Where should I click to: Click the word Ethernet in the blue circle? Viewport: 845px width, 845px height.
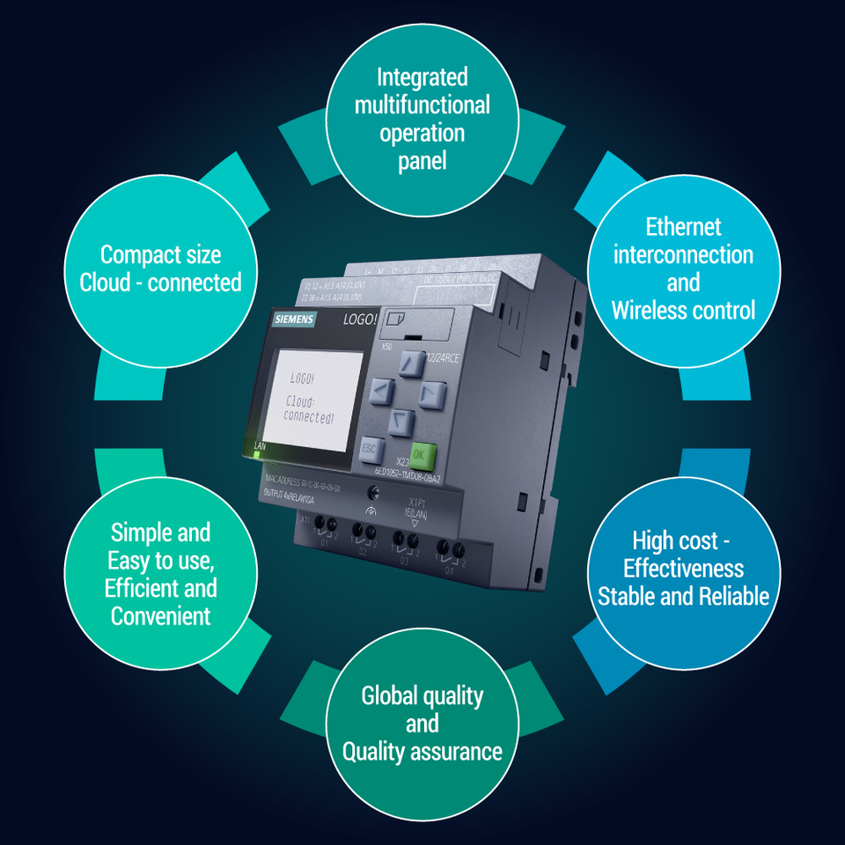point(683,227)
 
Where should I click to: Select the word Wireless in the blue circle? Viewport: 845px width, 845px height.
point(650,310)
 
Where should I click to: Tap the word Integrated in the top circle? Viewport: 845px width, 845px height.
point(422,77)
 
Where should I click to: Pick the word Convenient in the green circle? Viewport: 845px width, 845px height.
point(160,615)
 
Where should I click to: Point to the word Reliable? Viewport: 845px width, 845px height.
point(733,596)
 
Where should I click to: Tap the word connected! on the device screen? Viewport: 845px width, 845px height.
point(309,418)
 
